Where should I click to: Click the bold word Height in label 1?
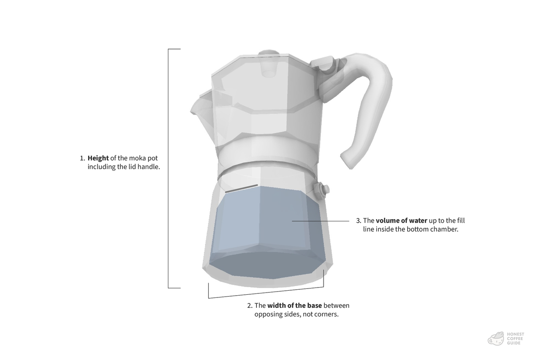point(98,158)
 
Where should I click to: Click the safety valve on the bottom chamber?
point(323,189)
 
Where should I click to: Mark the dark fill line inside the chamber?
point(242,188)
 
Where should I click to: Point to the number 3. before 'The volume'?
point(359,221)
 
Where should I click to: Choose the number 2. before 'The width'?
point(250,306)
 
